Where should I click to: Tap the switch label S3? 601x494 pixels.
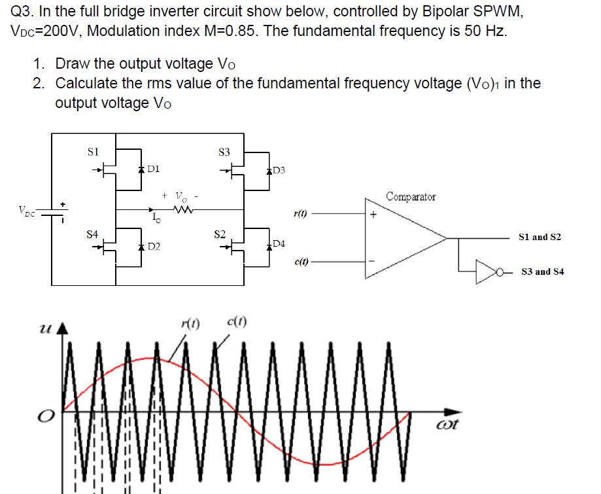coord(224,152)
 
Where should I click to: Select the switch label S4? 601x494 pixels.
coord(92,233)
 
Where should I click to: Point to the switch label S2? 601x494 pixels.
coord(220,234)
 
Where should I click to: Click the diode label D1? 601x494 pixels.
coord(153,169)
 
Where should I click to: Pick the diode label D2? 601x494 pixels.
coord(153,247)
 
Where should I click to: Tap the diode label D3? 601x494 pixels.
coord(278,171)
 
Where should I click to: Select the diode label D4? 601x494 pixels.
coord(278,243)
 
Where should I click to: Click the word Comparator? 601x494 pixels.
coord(410,196)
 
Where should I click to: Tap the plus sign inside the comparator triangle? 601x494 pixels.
coord(374,214)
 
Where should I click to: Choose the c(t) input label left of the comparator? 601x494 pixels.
coord(301,260)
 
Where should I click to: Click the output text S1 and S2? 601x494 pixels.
coord(540,237)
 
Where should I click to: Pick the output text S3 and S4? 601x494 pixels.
coord(542,271)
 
